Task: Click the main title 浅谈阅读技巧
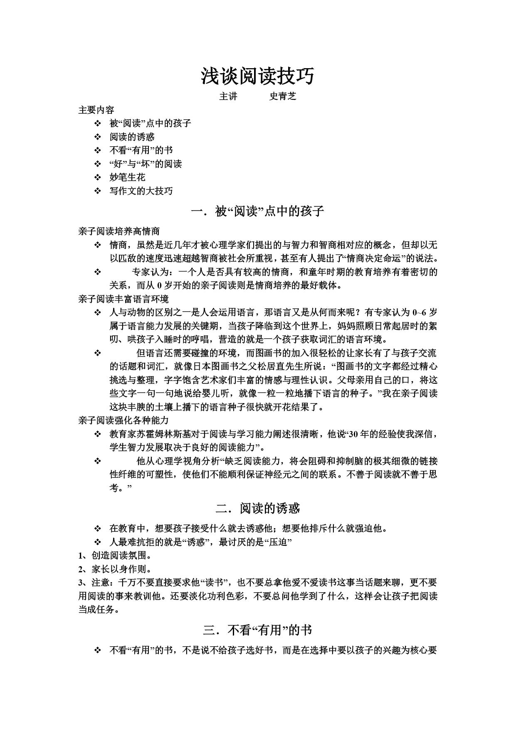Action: tap(258, 76)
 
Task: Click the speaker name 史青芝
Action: tap(283, 96)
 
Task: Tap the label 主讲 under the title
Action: tap(228, 96)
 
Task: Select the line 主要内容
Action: tap(96, 110)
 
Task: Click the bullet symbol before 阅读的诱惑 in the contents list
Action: tap(98, 137)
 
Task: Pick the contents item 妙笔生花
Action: tap(127, 177)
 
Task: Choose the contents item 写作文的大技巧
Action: tap(141, 191)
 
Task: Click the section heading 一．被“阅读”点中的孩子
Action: tap(258, 212)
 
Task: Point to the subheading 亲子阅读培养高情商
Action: tap(119, 232)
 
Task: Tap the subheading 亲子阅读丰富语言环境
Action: tap(123, 299)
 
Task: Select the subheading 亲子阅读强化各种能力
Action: tap(123, 421)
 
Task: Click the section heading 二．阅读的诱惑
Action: tap(258, 508)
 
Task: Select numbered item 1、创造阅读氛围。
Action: tap(115, 556)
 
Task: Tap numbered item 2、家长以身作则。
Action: tap(115, 569)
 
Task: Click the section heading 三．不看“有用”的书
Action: tap(258, 630)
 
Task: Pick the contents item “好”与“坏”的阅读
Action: tap(146, 164)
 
